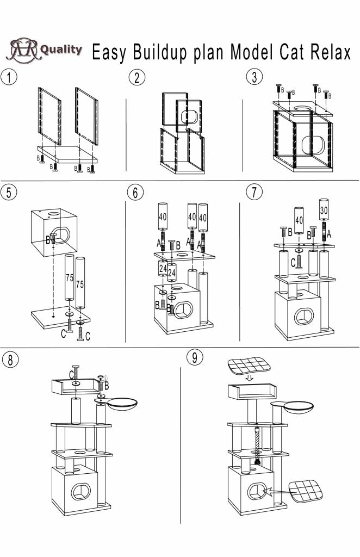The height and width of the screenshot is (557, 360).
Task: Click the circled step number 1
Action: [9, 77]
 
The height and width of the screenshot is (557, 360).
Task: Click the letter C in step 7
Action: [293, 262]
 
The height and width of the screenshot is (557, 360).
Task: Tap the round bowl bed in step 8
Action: [125, 404]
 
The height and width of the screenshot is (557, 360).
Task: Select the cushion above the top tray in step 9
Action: [250, 367]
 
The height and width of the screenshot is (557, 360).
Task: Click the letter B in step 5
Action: [48, 238]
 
